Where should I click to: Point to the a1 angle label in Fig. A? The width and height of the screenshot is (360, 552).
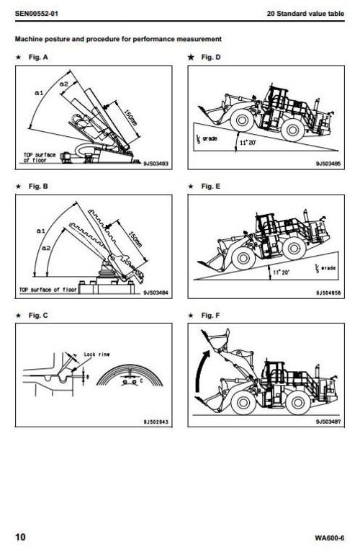[40, 93]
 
